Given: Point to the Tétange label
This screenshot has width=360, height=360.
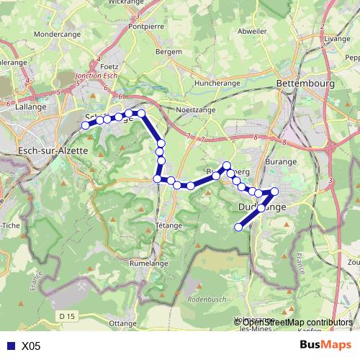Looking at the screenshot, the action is click(168, 225).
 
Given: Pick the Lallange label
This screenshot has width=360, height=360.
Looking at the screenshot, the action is click(31, 107).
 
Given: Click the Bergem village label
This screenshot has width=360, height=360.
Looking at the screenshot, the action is click(168, 53).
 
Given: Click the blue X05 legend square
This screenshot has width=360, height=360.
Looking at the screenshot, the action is click(10, 346).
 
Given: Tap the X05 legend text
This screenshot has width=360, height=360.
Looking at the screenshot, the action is click(31, 346).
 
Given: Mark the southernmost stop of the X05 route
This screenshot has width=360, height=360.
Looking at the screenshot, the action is click(239, 228).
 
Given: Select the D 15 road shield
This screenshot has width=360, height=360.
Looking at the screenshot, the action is click(68, 316).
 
